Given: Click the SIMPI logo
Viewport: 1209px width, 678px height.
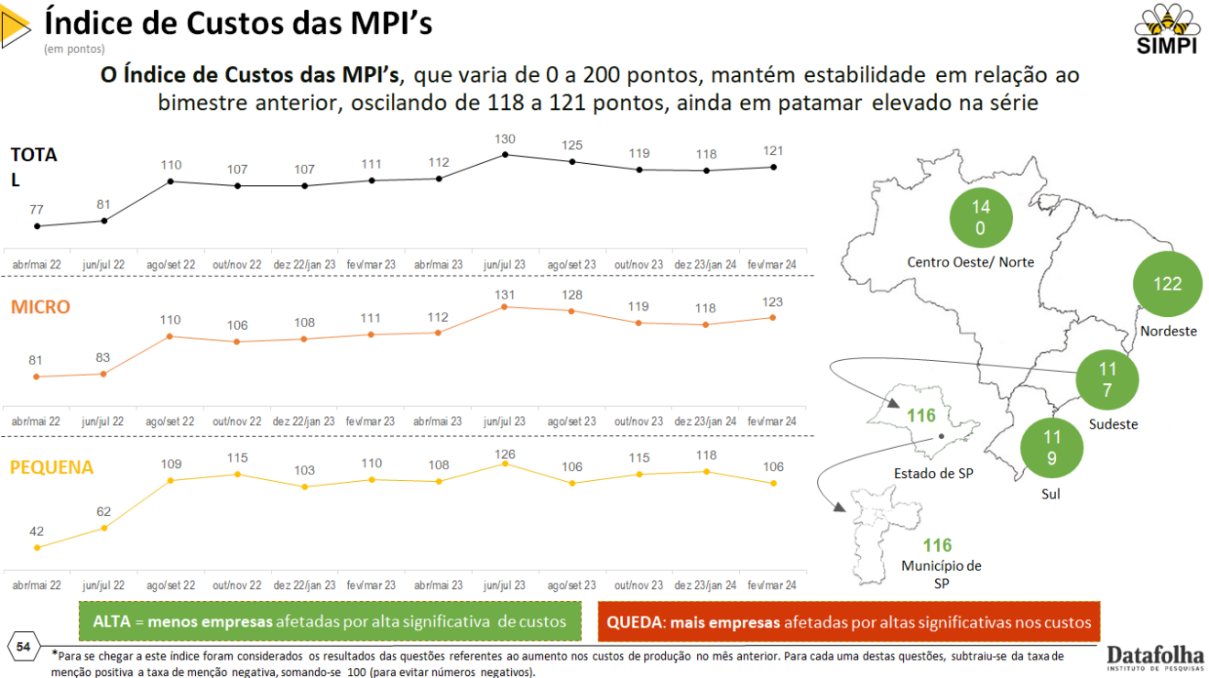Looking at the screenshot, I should point(1166,29).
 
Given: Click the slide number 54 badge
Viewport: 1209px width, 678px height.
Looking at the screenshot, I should point(24,647).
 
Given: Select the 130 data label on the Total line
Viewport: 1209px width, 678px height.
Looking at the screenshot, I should point(506,138).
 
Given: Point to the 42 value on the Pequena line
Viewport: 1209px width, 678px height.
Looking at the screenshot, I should point(37,531).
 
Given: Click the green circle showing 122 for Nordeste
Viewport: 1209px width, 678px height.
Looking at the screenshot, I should point(1167,284).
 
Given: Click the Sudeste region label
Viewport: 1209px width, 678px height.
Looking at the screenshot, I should point(1113,424).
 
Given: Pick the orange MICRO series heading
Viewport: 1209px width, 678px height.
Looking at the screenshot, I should point(40,307).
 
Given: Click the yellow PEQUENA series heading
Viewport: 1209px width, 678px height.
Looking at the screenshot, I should point(52,467).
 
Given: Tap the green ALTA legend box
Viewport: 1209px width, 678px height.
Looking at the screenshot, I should point(331,622).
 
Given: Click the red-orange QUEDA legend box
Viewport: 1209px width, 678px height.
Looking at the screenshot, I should point(849,622).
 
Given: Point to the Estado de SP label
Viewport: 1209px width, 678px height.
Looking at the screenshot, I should point(933,474).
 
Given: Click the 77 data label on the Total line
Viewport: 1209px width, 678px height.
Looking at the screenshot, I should point(37,210).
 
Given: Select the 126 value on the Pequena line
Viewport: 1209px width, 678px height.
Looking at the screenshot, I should point(506,454).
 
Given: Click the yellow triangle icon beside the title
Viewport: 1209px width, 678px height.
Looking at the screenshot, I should point(16,27).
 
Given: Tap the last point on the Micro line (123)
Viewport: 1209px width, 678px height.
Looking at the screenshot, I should point(773,318).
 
